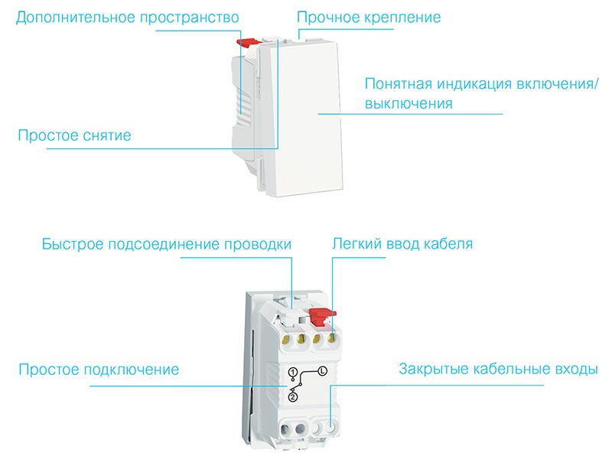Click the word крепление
point(403,17)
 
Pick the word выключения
point(409,103)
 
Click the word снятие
point(106,135)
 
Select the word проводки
point(258,245)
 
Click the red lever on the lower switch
point(324,314)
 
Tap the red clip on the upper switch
point(247,44)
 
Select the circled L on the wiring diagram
point(321,371)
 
